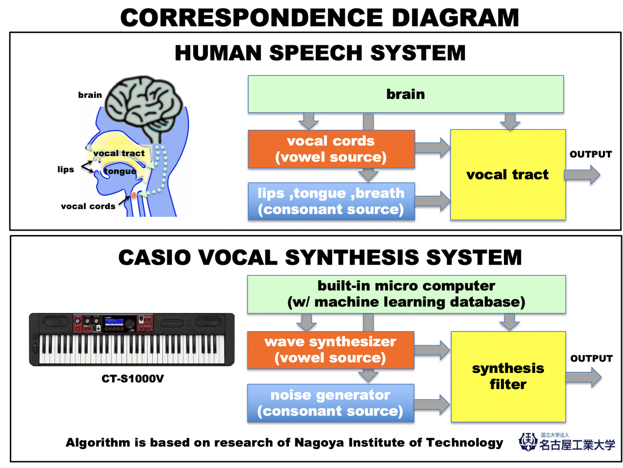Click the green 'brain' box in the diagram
(x=405, y=94)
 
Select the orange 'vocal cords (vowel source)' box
(x=331, y=149)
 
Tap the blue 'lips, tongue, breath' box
(x=331, y=201)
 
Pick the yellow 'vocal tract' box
(x=507, y=175)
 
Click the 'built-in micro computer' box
(x=406, y=294)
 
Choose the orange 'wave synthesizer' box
(x=330, y=350)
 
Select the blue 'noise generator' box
(x=330, y=403)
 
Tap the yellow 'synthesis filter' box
(x=508, y=376)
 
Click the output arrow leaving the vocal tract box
(x=582, y=175)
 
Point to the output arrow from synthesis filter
(x=583, y=377)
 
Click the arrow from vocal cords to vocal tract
(x=432, y=148)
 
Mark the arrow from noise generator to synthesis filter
(x=432, y=404)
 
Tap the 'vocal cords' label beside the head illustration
(x=88, y=206)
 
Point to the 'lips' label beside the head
(x=65, y=169)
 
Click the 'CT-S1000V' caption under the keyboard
(x=133, y=379)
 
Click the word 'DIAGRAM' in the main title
(x=455, y=18)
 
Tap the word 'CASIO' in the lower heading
(x=155, y=258)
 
